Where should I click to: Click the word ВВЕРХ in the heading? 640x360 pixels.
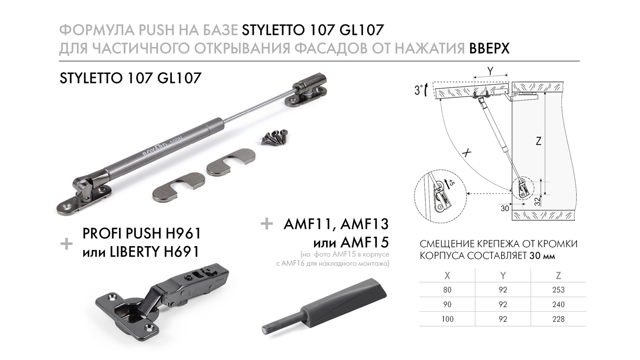[x=489, y=49]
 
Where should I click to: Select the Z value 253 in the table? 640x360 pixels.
[x=558, y=290]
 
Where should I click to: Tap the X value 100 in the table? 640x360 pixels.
[x=447, y=319]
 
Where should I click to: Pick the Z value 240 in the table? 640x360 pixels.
[x=558, y=304]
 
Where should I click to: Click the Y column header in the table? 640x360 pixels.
[x=503, y=276]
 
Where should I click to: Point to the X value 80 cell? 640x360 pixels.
[x=447, y=290]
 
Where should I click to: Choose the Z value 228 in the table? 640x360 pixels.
[x=558, y=319]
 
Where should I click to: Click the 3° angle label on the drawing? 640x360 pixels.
[x=418, y=90]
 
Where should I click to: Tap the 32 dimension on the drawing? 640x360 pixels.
[x=537, y=201]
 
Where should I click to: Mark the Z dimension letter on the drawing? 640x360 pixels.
[x=538, y=141]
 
